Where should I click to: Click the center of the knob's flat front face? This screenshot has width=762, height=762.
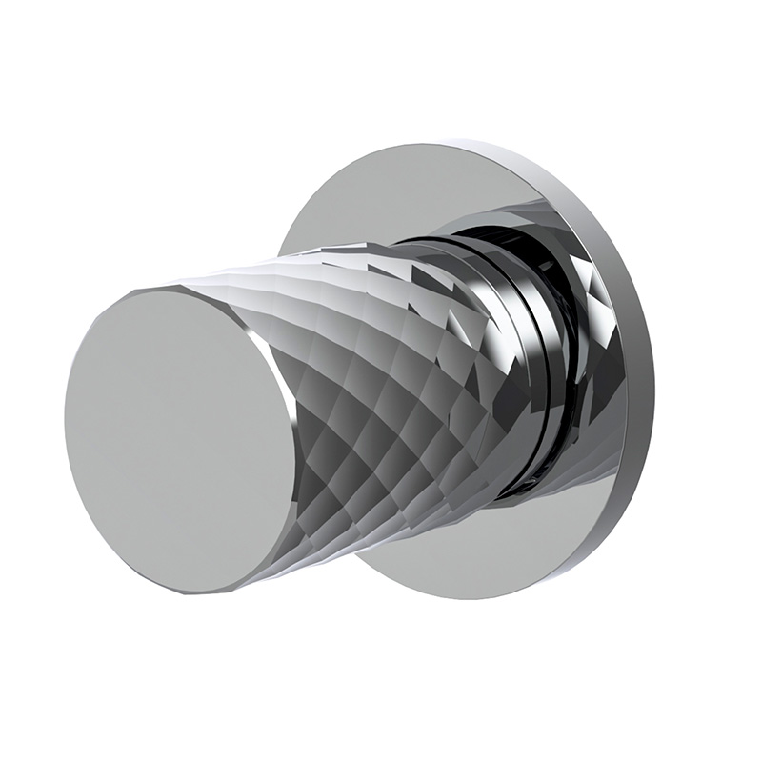tap(181, 438)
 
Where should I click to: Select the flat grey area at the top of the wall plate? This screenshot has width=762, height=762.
tap(419, 190)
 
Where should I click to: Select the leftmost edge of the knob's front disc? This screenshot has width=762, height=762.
tap(66, 419)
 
